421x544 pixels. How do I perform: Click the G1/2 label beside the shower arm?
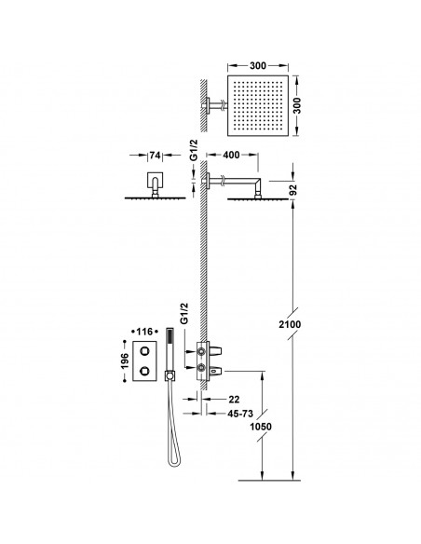(194, 164)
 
